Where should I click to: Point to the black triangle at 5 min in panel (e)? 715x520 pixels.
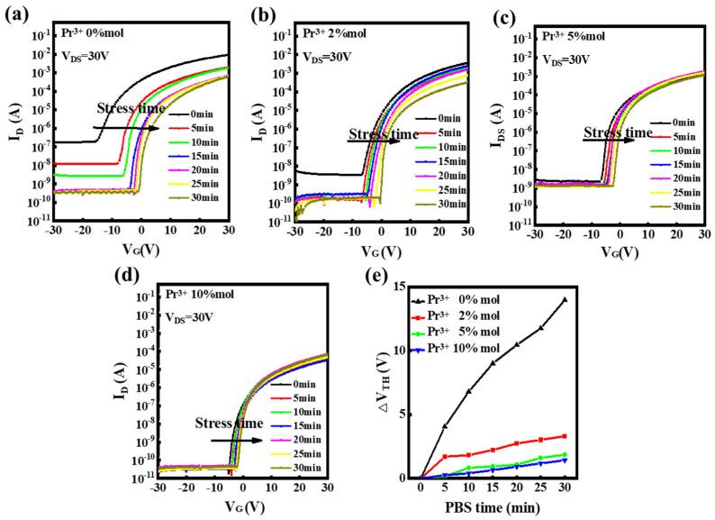[445, 426]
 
